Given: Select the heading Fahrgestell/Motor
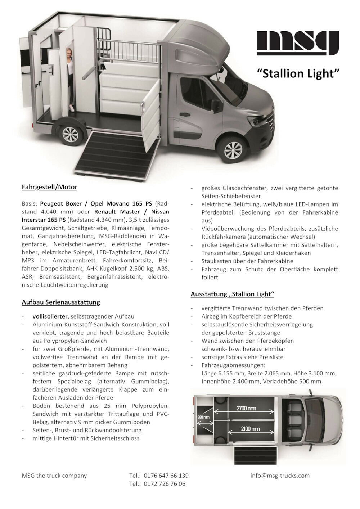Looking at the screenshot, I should click(49, 187).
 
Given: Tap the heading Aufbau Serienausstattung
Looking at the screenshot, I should click(61, 302).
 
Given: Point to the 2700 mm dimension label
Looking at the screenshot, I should click(246, 408).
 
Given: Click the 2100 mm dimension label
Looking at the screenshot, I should click(250, 429).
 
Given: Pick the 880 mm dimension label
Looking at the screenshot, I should click(203, 417).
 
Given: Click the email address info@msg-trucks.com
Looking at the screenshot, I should click(280, 476).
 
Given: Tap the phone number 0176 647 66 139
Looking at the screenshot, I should click(166, 476).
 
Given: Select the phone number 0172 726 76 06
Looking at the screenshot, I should click(165, 484).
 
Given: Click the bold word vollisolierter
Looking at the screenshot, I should click(50, 316).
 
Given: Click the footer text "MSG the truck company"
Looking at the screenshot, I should click(54, 476).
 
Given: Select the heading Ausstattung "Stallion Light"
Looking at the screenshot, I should click(232, 294).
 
